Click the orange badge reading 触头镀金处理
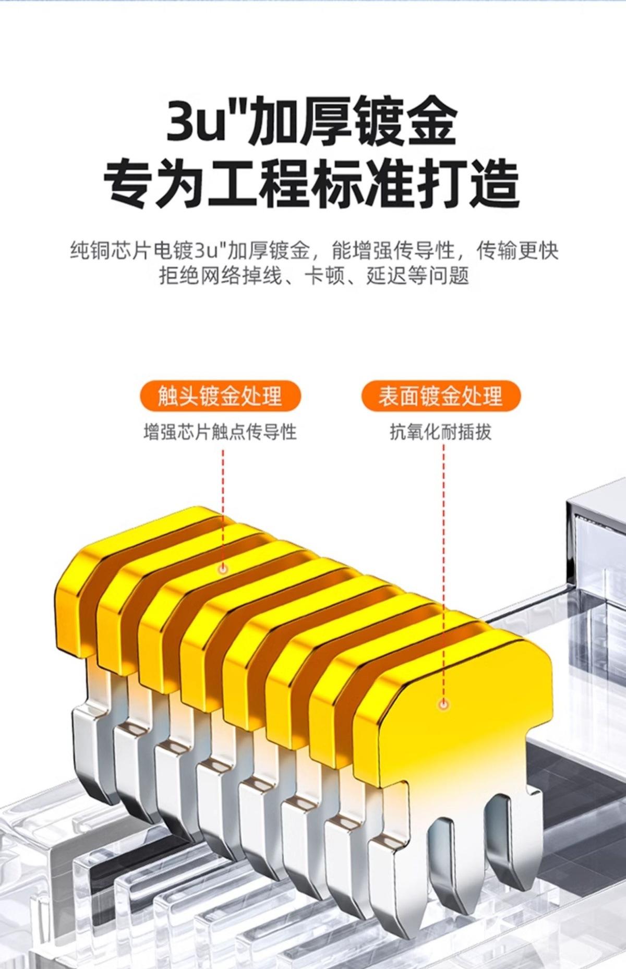[x=220, y=396]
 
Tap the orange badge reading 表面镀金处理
[x=441, y=396]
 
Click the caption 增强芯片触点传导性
[x=220, y=432]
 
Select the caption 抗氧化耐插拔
[x=441, y=432]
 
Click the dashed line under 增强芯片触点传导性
[x=223, y=501]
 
